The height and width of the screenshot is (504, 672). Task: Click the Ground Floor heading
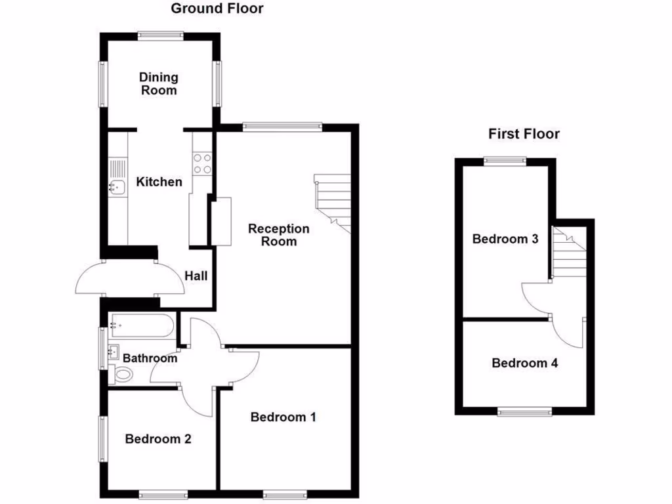coord(217,9)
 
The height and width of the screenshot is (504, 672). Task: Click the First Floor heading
coord(524,134)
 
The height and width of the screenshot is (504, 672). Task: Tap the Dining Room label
coord(158,84)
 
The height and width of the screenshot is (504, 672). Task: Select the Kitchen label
coord(159,182)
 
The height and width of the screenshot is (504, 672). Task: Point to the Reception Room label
coord(279,235)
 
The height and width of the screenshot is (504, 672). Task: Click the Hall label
coord(196,276)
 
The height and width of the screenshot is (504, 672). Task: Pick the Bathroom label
coord(150,358)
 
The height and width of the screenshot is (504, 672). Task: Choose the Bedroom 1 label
coord(283,417)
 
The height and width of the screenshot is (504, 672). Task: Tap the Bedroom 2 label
coord(158,439)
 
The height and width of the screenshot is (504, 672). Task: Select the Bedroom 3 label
coord(505,239)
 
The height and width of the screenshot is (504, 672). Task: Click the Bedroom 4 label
coord(525,363)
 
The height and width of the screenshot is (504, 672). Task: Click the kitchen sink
coord(117,187)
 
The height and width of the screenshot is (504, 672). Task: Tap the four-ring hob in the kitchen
coord(202,163)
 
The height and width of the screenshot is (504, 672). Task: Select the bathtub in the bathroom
coord(142,325)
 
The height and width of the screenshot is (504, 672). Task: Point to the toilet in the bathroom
coord(121,375)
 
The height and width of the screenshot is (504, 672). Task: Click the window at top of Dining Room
coord(161,36)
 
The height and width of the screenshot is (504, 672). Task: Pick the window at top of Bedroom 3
coord(505,159)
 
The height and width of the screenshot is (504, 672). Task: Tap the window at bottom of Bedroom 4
coord(524,411)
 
